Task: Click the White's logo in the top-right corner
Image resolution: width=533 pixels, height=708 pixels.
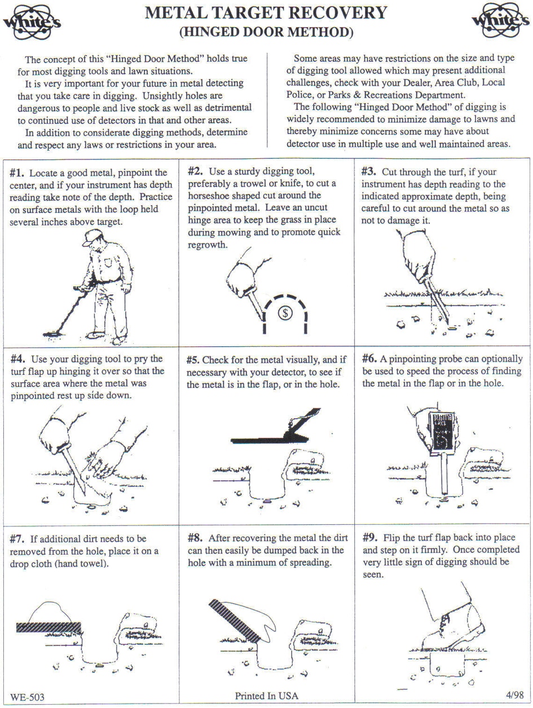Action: coord(499,23)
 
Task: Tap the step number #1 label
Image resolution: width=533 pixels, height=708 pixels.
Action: coord(18,173)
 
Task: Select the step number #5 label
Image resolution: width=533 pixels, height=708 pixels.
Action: coord(193,360)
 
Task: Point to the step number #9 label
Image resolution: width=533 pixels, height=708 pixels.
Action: coord(371,537)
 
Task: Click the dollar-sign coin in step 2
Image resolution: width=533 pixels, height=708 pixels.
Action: coord(286,313)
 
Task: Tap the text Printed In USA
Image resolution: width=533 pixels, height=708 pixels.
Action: coord(266,696)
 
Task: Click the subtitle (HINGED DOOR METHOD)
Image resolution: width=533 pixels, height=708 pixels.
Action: coord(266,33)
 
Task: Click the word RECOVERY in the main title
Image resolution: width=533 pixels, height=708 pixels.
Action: coord(336,12)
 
